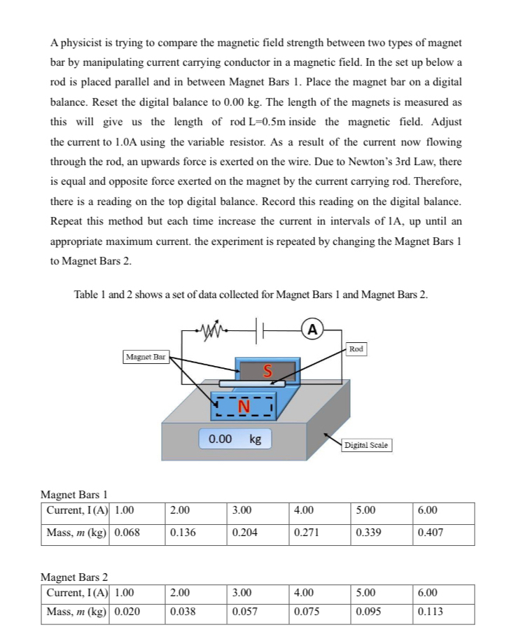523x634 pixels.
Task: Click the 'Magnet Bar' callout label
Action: [x=144, y=357]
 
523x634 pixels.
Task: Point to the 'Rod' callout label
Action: [x=356, y=348]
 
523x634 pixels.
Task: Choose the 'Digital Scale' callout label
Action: [x=368, y=445]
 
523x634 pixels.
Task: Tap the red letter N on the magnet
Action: [x=244, y=406]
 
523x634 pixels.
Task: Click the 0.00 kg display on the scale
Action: [x=235, y=439]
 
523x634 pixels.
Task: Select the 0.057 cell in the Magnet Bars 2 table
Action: [x=245, y=612]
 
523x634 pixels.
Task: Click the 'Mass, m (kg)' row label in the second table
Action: [x=76, y=612]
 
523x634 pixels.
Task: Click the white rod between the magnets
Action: [x=252, y=383]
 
